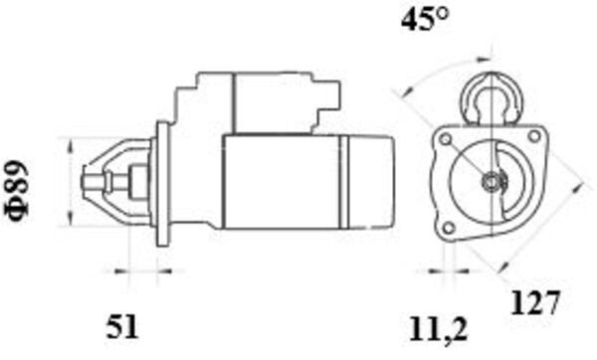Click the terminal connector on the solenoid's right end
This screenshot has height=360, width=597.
click(x=331, y=96)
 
